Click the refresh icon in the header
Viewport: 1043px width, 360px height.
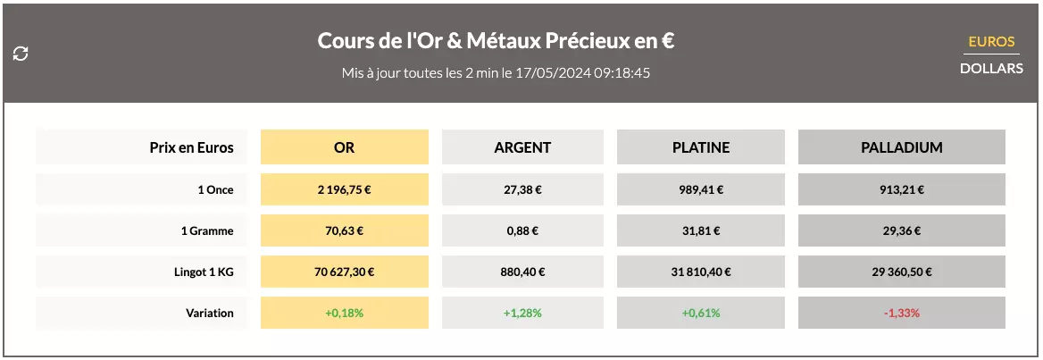coord(21,54)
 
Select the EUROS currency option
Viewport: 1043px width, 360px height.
coord(991,42)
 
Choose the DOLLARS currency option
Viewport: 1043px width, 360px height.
coord(991,68)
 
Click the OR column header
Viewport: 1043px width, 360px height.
coord(344,147)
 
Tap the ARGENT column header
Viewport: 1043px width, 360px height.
coord(522,147)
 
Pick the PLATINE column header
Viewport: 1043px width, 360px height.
coord(700,147)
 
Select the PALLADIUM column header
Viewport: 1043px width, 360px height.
coord(901,147)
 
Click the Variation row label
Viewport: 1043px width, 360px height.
coord(211,313)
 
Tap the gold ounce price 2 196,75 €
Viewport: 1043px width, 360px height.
coord(344,189)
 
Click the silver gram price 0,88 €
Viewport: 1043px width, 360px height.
coord(522,230)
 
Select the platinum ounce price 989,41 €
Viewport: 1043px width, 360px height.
coord(700,189)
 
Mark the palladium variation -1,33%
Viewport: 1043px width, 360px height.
coord(901,313)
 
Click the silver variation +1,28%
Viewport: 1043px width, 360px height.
coord(522,313)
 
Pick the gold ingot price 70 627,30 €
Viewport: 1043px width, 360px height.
coord(344,272)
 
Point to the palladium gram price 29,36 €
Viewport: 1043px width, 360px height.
coord(901,230)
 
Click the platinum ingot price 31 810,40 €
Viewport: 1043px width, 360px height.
coord(700,272)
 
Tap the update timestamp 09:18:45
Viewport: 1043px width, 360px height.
coord(622,72)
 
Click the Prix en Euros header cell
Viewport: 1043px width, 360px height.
coord(191,147)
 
